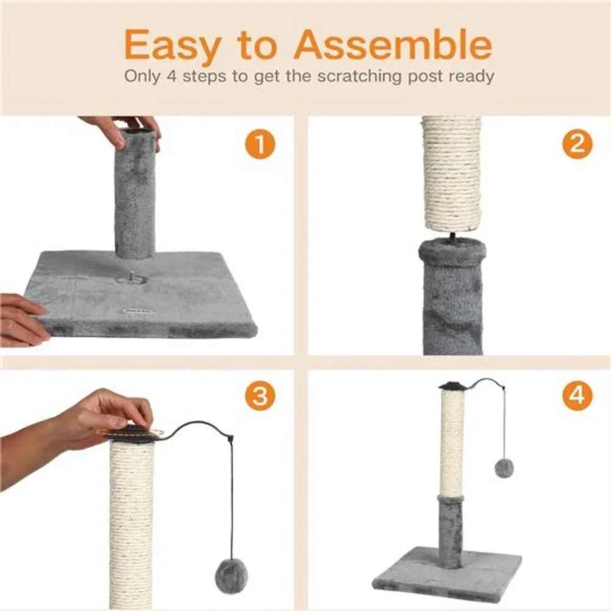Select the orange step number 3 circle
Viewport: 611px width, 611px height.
coord(260,395)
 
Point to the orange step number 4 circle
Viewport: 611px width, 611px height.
coord(577,395)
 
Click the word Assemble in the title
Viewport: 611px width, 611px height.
coord(393,44)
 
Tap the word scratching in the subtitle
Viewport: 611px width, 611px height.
coord(359,76)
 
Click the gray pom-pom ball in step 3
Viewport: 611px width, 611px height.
coord(231,573)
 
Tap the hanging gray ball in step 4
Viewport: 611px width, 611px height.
coord(504,468)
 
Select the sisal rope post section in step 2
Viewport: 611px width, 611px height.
coord(452,174)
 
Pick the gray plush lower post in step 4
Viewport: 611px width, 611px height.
coord(452,530)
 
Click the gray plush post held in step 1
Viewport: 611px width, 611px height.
coord(134,194)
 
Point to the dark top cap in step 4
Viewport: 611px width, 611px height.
coord(452,386)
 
